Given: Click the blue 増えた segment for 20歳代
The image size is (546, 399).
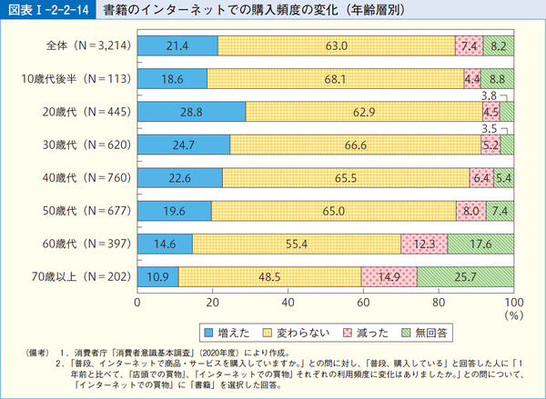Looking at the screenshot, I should [191, 112].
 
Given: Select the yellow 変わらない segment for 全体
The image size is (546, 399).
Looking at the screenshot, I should [337, 46].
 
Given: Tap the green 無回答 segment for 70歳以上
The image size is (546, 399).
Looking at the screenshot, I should [465, 275].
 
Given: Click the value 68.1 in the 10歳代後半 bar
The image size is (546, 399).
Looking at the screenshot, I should [337, 79].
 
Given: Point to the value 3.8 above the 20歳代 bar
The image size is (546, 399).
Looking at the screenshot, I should [489, 95].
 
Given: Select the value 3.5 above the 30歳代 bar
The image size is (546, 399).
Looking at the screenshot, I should [489, 127].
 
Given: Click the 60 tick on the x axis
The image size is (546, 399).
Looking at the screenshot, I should [363, 302].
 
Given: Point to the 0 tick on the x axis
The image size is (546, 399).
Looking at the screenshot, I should [137, 302].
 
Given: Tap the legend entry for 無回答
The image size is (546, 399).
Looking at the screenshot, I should [430, 332].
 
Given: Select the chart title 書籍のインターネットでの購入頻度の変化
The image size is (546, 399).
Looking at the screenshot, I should [227, 10].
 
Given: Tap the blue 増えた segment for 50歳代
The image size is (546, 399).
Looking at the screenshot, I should [174, 210].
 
